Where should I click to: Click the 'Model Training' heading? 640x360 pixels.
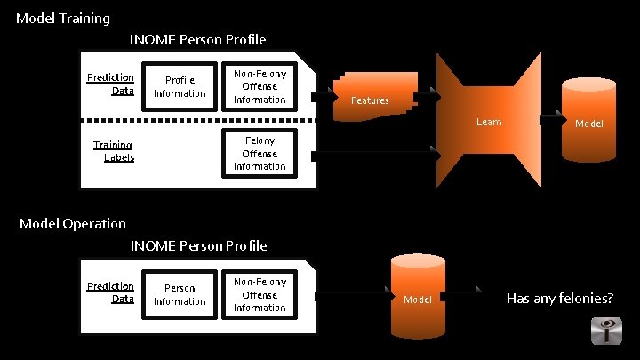point(63,18)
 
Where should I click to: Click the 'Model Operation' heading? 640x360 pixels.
point(73,223)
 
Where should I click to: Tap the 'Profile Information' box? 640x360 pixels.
point(180,87)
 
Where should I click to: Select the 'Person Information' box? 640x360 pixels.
point(180,295)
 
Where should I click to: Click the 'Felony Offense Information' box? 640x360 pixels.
point(260,153)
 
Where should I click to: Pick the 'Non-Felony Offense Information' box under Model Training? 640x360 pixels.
point(260,87)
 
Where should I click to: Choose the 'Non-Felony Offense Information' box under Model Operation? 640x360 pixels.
point(260,295)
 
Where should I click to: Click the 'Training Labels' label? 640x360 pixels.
point(113,151)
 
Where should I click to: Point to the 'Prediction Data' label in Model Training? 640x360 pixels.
point(110,84)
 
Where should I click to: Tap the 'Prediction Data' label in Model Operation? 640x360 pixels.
point(110,292)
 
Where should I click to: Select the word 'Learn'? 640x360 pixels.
point(488,122)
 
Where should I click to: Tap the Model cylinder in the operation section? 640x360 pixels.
point(417,298)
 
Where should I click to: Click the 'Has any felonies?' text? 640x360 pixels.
point(560,298)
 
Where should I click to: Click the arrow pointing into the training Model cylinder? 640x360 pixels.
point(553,117)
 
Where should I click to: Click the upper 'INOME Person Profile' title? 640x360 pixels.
point(197,39)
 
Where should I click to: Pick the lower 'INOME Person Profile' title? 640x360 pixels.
point(197,244)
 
